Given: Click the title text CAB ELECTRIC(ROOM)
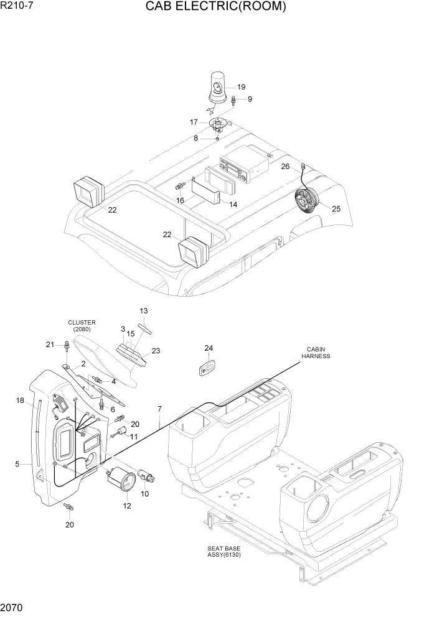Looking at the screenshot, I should pyautogui.click(x=216, y=7).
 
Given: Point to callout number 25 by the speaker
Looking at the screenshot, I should pyautogui.click(x=336, y=209).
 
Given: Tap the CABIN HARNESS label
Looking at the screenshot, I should pyautogui.click(x=316, y=353).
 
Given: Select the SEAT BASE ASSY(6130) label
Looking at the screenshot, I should pyautogui.click(x=224, y=551).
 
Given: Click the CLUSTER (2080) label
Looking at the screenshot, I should pyautogui.click(x=82, y=325).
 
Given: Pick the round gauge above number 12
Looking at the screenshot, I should pyautogui.click(x=121, y=480).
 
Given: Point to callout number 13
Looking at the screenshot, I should pyautogui.click(x=143, y=310).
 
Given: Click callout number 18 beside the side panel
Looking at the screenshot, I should pyautogui.click(x=20, y=401).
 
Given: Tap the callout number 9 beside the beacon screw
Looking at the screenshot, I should pyautogui.click(x=250, y=99).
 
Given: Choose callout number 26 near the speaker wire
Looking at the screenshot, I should pyautogui.click(x=285, y=166).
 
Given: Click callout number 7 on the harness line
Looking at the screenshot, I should pyautogui.click(x=159, y=409).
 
